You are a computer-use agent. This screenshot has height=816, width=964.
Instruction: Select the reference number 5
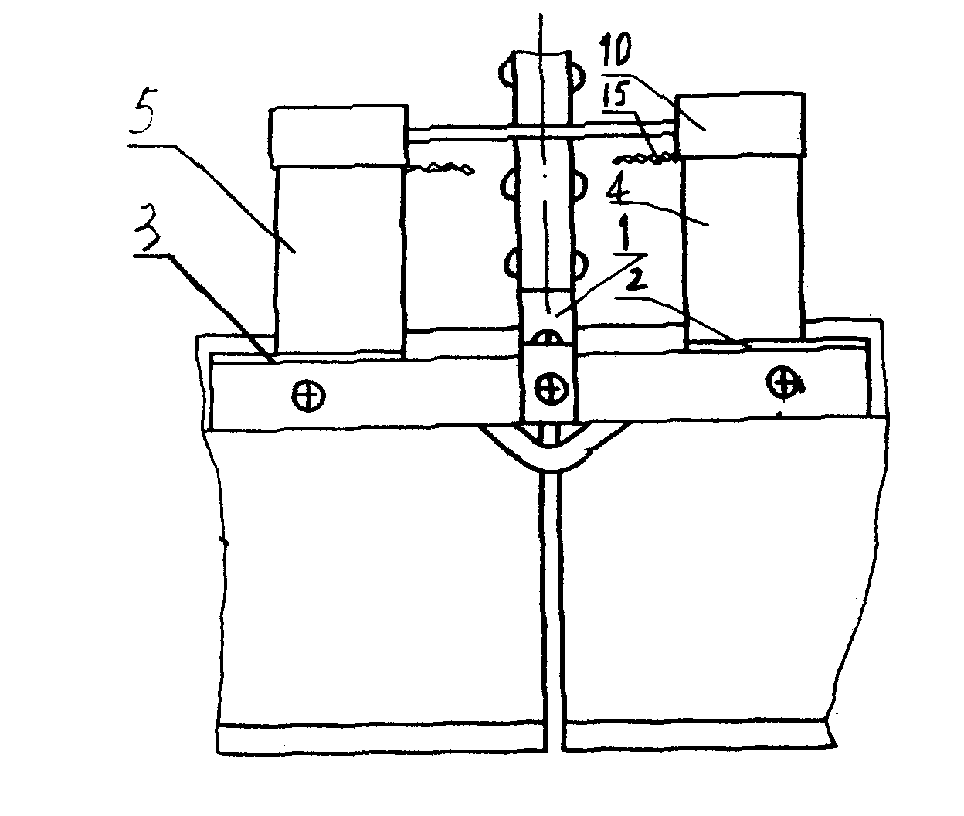click(x=141, y=113)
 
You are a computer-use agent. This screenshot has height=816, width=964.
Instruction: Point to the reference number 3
click(x=148, y=232)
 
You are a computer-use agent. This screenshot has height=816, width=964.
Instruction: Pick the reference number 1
click(x=626, y=235)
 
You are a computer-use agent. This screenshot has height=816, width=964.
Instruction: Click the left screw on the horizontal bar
click(x=308, y=396)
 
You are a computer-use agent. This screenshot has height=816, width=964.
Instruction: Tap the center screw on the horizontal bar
click(x=551, y=387)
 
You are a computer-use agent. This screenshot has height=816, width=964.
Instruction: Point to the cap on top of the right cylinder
click(x=740, y=125)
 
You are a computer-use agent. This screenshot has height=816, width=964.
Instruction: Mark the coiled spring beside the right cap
click(x=645, y=160)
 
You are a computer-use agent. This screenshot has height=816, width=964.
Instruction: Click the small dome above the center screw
click(x=550, y=338)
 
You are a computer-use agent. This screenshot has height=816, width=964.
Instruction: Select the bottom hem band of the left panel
click(x=382, y=739)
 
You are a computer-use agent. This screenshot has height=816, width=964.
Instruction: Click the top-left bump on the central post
click(x=507, y=73)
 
